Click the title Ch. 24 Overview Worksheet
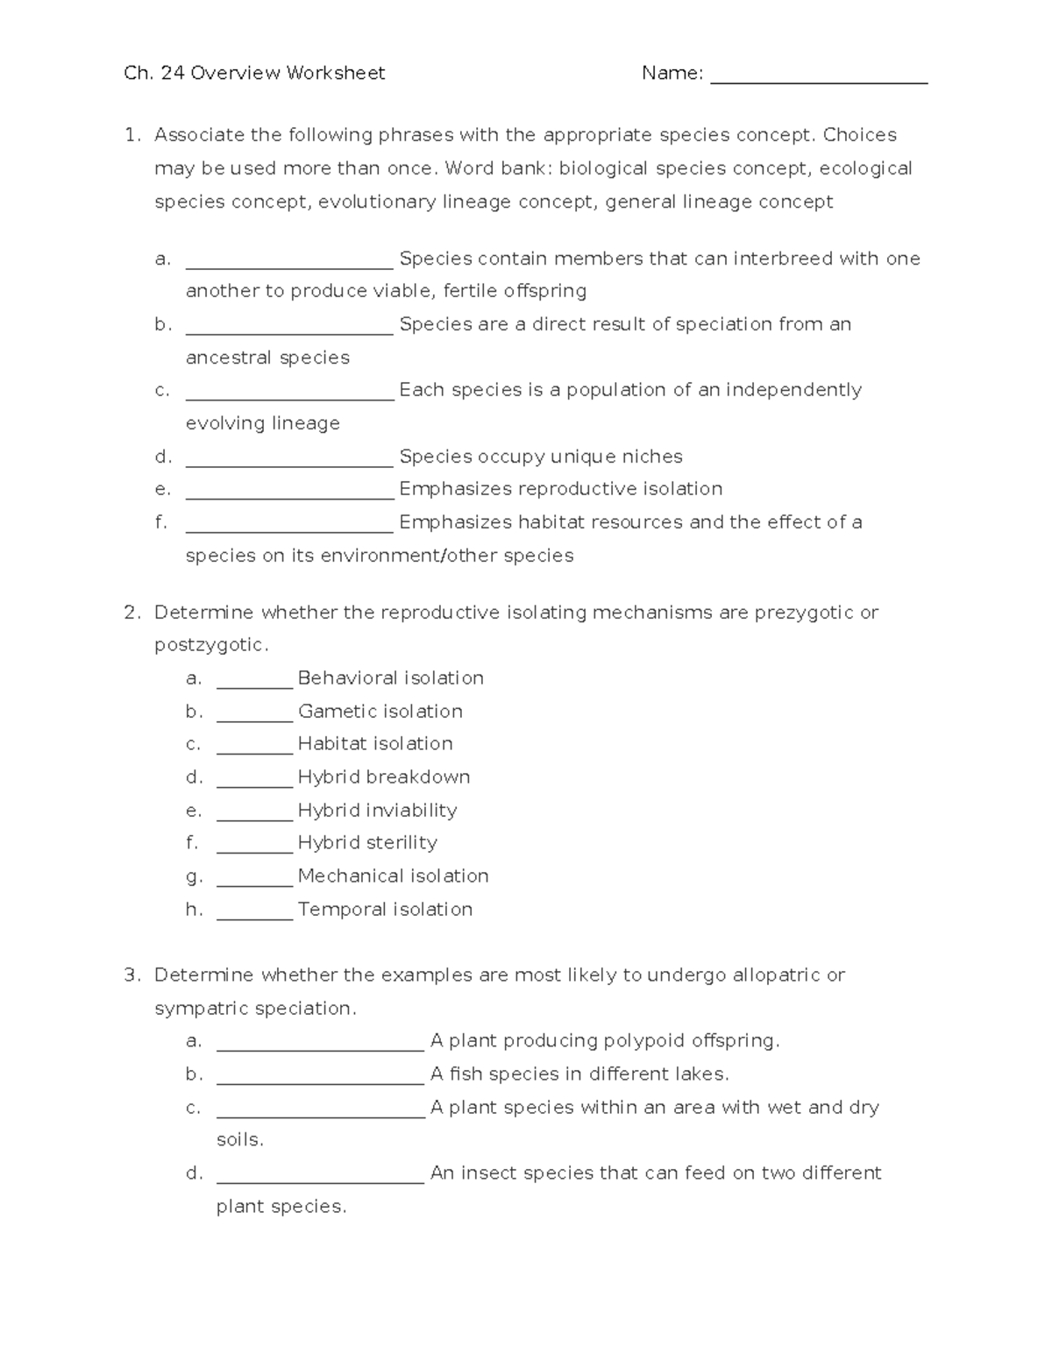[x=254, y=74]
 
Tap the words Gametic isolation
[x=380, y=712]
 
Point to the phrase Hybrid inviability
[x=377, y=811]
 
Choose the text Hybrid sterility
[x=367, y=843]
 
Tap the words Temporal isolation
[x=385, y=910]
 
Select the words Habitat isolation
[x=375, y=744]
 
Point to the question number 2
[x=131, y=613]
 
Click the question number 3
[x=131, y=975]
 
